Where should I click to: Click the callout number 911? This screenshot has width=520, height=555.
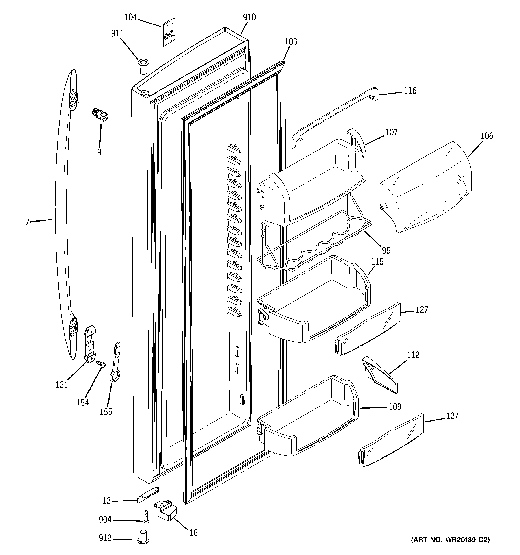[117, 33]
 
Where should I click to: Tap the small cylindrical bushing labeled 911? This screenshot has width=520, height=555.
[143, 66]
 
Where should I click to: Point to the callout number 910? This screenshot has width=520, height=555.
[249, 17]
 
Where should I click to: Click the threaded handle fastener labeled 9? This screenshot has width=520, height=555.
[100, 115]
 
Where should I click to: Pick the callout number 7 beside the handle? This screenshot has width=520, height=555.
[27, 222]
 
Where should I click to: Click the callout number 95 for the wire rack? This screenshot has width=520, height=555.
[386, 250]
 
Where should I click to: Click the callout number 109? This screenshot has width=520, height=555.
[395, 407]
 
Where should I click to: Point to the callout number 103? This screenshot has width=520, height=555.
[291, 42]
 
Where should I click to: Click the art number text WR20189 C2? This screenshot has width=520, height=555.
[450, 540]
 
